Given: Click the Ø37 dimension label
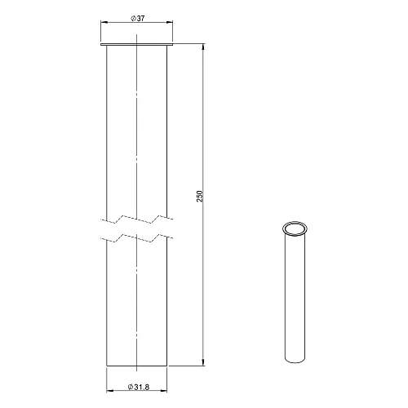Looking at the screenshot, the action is [x=138, y=19].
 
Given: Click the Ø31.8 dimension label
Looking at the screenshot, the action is [x=139, y=387].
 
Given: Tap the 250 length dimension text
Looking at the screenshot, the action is [x=200, y=196].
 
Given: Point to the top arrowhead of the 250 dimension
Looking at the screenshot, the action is [x=202, y=47].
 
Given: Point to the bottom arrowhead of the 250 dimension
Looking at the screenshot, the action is [x=202, y=362].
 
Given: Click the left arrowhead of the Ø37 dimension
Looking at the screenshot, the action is [x=104, y=22].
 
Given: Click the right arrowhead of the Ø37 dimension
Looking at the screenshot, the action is [x=170, y=22].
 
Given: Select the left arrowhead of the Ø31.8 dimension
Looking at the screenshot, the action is [x=109, y=391].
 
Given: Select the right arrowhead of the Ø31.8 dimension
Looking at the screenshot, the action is [x=164, y=391].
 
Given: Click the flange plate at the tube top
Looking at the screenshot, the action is [x=137, y=44].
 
